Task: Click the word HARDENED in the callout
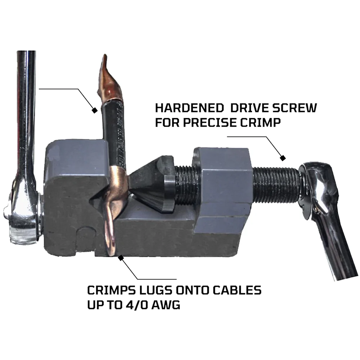pos(189,108)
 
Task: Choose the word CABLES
pos(237,290)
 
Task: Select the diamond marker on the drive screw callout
pos(283,158)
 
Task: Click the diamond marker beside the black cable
pos(95,111)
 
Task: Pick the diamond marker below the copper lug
pos(121,258)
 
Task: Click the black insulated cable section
pos(114,133)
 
